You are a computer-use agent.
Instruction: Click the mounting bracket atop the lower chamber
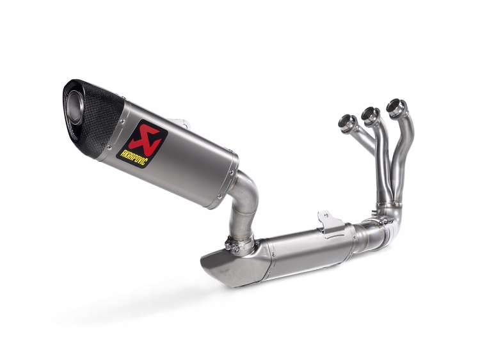[332, 221]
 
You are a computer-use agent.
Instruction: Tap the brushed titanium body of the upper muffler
[186, 160]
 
